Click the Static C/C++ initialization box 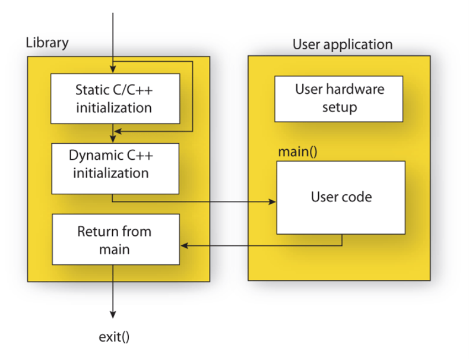pyautogui.click(x=115, y=99)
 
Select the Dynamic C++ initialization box pyautogui.click(x=115, y=168)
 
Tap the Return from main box pyautogui.click(x=115, y=239)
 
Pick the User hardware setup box pyautogui.click(x=339, y=98)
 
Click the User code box pyautogui.click(x=341, y=197)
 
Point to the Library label pyautogui.click(x=47, y=43)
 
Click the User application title pyautogui.click(x=343, y=45)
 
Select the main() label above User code pyautogui.click(x=297, y=151)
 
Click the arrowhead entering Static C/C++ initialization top pyautogui.click(x=113, y=70)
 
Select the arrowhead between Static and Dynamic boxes pyautogui.click(x=113, y=138)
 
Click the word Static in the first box pyautogui.click(x=92, y=90)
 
